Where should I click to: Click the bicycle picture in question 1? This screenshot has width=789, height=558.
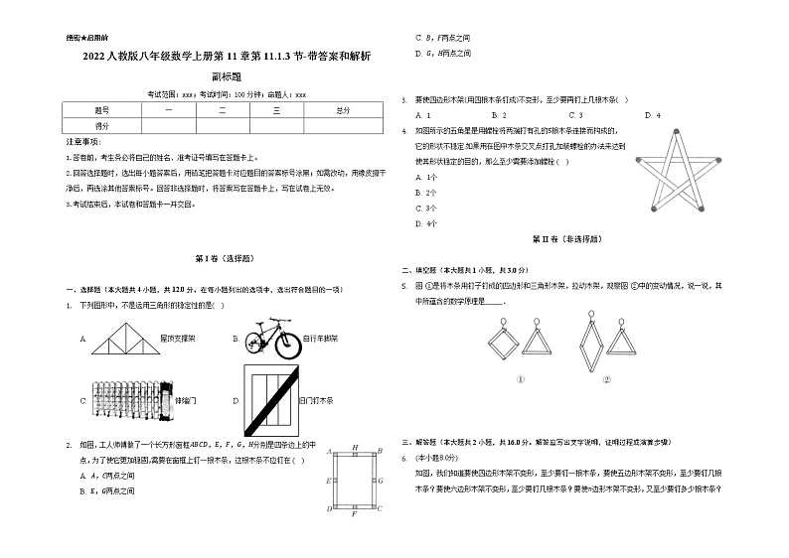(x=270, y=338)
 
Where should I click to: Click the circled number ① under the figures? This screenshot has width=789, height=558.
(x=520, y=378)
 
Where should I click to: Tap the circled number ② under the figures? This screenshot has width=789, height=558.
(x=605, y=378)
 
